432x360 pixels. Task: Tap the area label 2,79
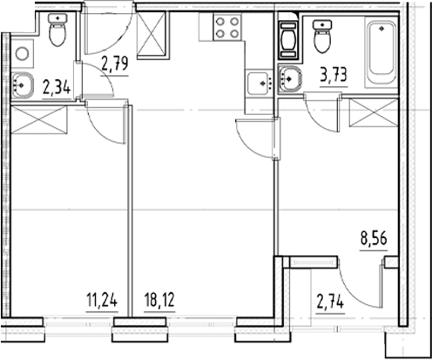tap(115, 64)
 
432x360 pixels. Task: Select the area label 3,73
tap(334, 75)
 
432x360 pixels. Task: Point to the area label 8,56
tap(374, 239)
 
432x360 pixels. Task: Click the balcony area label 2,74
tap(330, 302)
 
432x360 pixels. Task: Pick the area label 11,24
tap(102, 300)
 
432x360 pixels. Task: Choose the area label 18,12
tap(159, 300)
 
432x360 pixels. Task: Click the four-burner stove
tap(227, 28)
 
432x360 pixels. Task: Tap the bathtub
tap(381, 52)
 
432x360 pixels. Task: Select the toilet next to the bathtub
tap(322, 37)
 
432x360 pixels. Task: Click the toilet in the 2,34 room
tap(58, 30)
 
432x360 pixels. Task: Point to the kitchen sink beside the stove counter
tap(259, 83)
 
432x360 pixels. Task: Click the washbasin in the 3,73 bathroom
tap(289, 78)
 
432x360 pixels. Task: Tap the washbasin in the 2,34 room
tap(23, 85)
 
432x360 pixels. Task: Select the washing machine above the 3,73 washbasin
tap(288, 40)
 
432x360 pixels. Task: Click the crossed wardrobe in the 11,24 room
tap(39, 120)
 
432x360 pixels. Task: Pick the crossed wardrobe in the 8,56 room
tap(374, 112)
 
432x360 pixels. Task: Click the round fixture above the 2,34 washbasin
tap(22, 54)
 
